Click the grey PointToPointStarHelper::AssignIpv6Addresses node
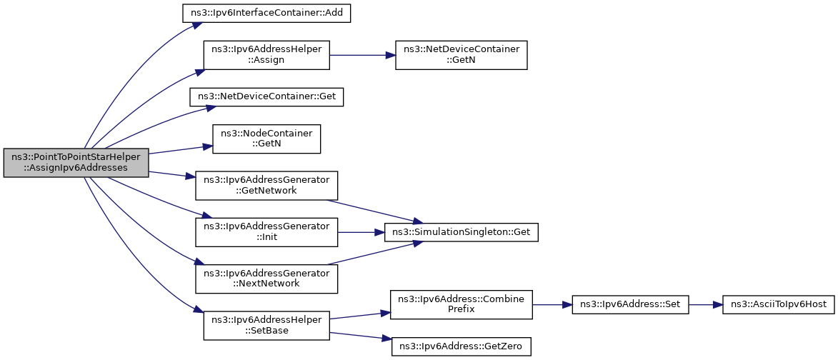(76, 162)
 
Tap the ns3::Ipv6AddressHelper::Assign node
(266, 54)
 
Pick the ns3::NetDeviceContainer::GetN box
(462, 54)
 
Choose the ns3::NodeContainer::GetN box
(266, 139)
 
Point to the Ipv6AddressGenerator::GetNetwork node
(266, 185)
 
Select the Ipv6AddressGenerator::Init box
(266, 232)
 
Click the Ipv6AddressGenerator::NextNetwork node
(266, 279)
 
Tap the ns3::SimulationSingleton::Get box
(462, 232)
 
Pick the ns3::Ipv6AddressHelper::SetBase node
(266, 325)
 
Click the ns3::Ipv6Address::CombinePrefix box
(462, 304)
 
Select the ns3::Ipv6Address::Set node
(630, 304)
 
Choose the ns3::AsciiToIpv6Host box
(777, 304)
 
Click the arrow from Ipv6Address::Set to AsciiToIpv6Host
(705, 304)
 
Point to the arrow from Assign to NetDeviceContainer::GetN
(362, 54)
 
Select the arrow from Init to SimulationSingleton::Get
(361, 232)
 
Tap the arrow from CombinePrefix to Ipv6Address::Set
(552, 304)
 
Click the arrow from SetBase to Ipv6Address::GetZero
(361, 336)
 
